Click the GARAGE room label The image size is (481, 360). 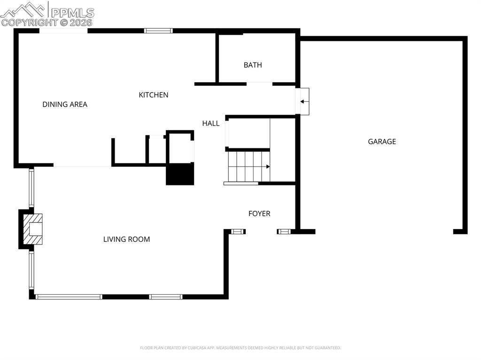[381, 141]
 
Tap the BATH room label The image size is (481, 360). [253, 65]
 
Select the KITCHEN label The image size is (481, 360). [153, 95]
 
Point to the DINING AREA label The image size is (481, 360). [65, 104]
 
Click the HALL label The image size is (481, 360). [211, 123]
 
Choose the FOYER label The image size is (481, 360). [259, 214]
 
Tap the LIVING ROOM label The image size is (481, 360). [127, 239]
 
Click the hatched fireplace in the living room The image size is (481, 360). [33, 229]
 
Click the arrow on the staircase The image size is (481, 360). [268, 167]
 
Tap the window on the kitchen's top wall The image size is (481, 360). [158, 31]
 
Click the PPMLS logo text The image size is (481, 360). [72, 13]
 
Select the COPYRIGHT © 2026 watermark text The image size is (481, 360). [47, 22]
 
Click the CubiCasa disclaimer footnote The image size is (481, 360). [240, 348]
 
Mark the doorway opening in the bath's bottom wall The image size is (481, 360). [259, 84]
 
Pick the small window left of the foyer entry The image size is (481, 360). [239, 231]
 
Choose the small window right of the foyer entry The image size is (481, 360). [284, 231]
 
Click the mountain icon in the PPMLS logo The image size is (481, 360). [24, 9]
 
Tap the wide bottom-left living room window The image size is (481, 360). [69, 297]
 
